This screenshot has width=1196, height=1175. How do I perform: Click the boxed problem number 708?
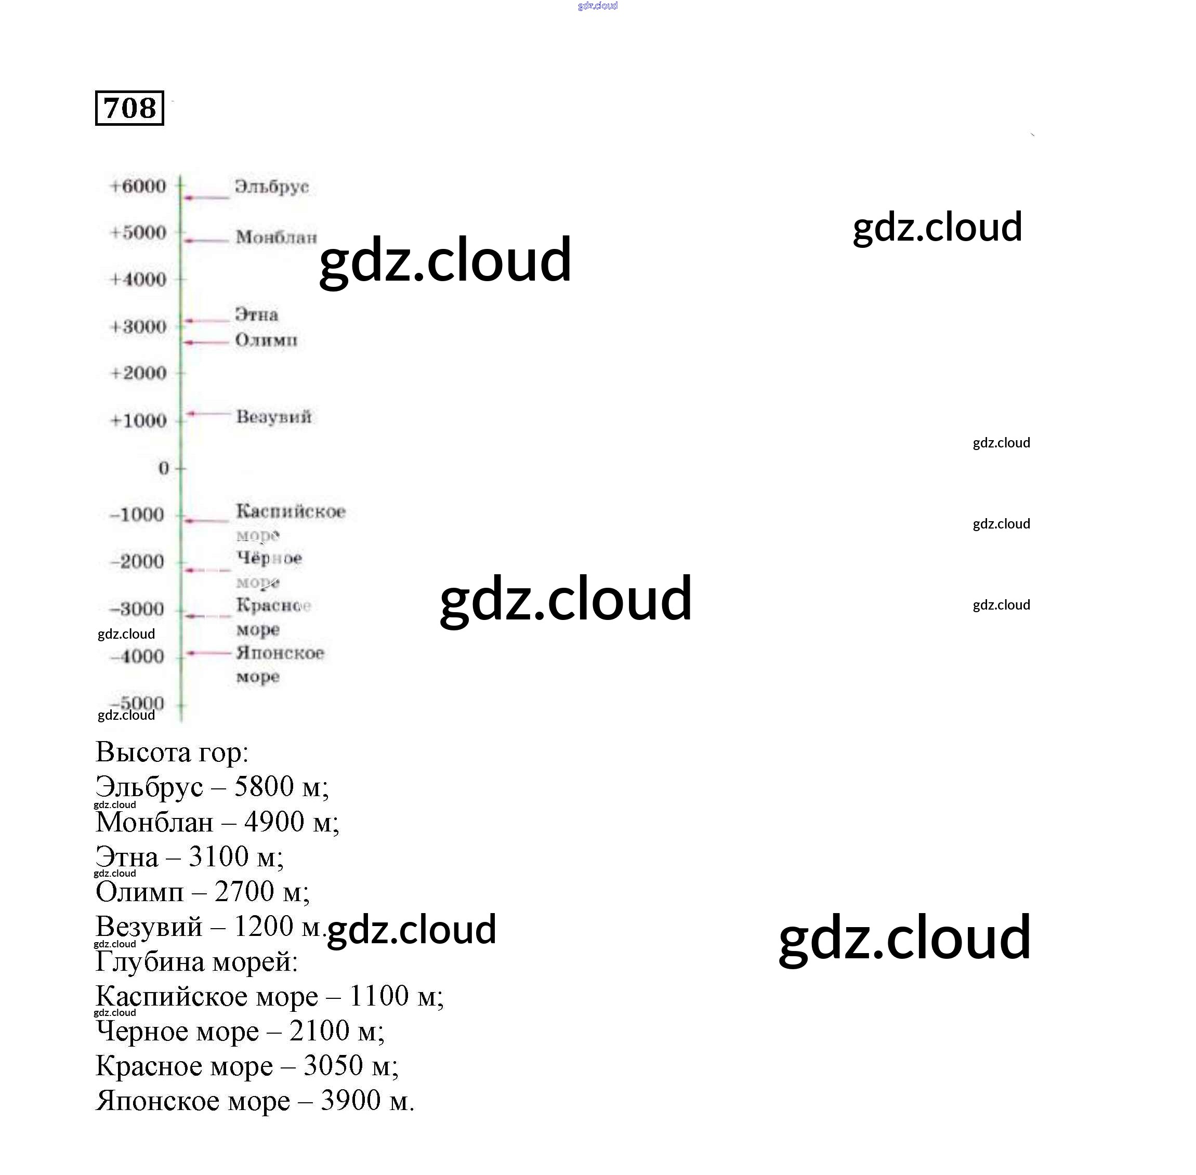[x=129, y=109]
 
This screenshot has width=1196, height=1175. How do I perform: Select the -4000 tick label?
[x=138, y=656]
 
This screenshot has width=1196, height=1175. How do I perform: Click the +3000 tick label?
[x=138, y=326]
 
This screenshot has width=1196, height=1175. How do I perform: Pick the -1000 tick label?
[x=137, y=514]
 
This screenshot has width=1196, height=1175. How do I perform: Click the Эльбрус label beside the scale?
[x=271, y=187]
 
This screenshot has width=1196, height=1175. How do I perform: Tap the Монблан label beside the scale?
[x=276, y=237]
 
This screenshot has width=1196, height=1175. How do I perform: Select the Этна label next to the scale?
[x=257, y=315]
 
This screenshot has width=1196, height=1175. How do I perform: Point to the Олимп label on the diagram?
[x=266, y=340]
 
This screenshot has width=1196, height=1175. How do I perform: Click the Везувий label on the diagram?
[x=274, y=417]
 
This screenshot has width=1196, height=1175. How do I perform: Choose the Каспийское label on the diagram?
[x=291, y=511]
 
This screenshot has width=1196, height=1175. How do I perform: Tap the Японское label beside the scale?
[x=280, y=653]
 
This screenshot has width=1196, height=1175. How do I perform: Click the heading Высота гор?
[x=172, y=752]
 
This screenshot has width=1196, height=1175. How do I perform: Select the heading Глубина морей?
[x=196, y=961]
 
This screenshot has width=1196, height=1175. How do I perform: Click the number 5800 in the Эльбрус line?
[x=264, y=786]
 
